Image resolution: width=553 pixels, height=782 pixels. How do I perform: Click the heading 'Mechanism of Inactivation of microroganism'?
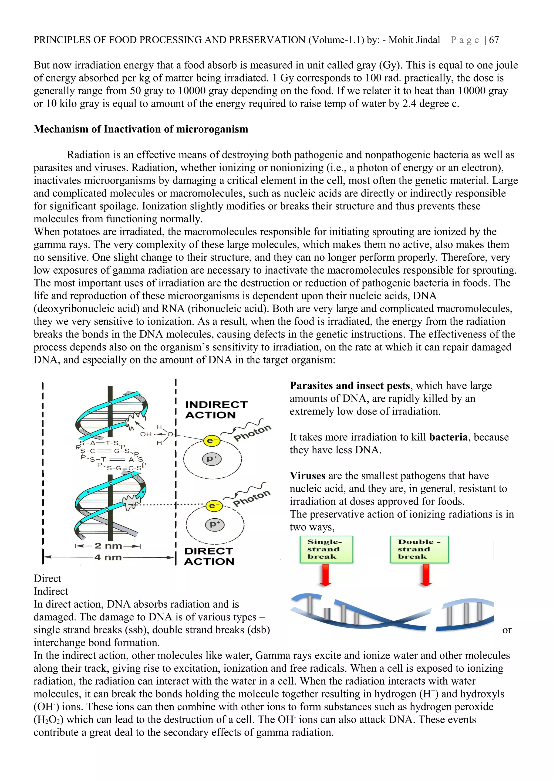click(x=141, y=130)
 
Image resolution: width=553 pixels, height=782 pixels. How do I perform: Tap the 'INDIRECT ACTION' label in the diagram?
click(x=216, y=410)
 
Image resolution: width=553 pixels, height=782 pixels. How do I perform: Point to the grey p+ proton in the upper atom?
click(x=212, y=459)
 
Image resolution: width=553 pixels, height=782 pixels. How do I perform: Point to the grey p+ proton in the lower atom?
click(x=215, y=524)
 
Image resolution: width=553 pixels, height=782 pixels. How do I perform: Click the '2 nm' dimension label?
click(x=108, y=546)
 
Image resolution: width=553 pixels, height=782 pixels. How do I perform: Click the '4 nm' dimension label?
click(x=108, y=557)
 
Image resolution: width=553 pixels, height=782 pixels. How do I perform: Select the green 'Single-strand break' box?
click(x=326, y=549)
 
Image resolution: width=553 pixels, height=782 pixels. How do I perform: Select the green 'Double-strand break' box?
click(x=419, y=549)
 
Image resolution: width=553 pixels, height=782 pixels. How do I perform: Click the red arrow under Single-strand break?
click(x=326, y=575)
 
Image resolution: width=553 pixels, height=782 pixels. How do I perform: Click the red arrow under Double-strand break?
click(x=426, y=575)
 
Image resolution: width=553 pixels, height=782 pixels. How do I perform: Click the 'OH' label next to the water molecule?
click(x=146, y=434)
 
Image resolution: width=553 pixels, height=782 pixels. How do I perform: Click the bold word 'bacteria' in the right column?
click(x=449, y=437)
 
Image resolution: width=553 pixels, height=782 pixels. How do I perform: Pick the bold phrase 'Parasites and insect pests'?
click(x=350, y=386)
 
